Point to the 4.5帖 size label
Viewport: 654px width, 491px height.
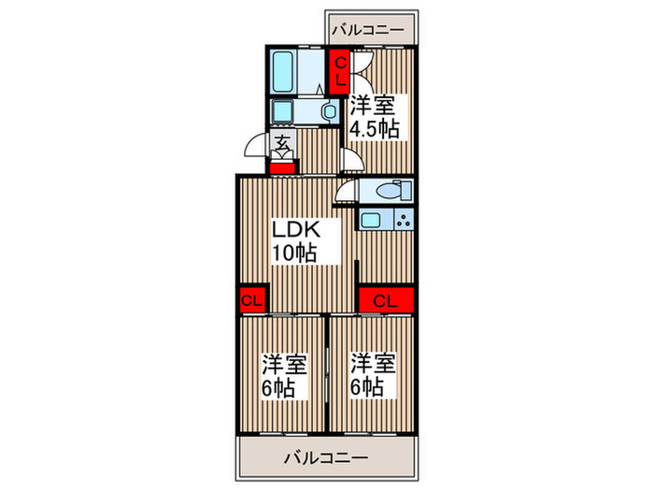(375, 129)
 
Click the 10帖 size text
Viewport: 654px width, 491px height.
(292, 252)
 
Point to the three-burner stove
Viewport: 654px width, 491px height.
(403, 222)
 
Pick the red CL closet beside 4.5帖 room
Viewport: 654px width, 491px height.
(341, 70)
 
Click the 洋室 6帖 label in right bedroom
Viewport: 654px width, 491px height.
(371, 374)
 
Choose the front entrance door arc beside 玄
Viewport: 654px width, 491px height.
(256, 148)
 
